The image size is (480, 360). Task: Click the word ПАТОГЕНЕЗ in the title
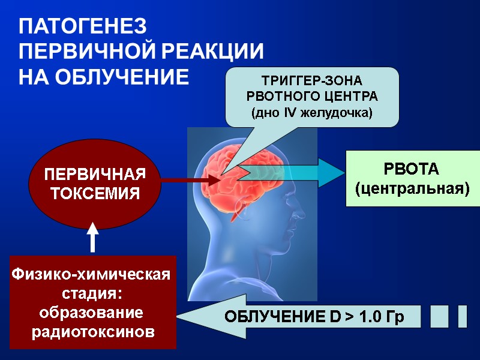click(83, 27)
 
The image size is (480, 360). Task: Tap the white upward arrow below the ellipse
click(93, 236)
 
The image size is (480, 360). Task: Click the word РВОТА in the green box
click(412, 169)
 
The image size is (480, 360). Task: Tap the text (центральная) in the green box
click(412, 188)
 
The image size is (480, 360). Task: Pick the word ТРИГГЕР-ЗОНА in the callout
click(312, 80)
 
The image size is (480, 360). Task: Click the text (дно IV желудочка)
click(312, 112)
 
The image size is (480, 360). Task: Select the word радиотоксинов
click(93, 331)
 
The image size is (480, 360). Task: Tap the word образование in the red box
click(91, 313)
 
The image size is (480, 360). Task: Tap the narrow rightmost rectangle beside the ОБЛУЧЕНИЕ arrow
click(462, 316)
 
